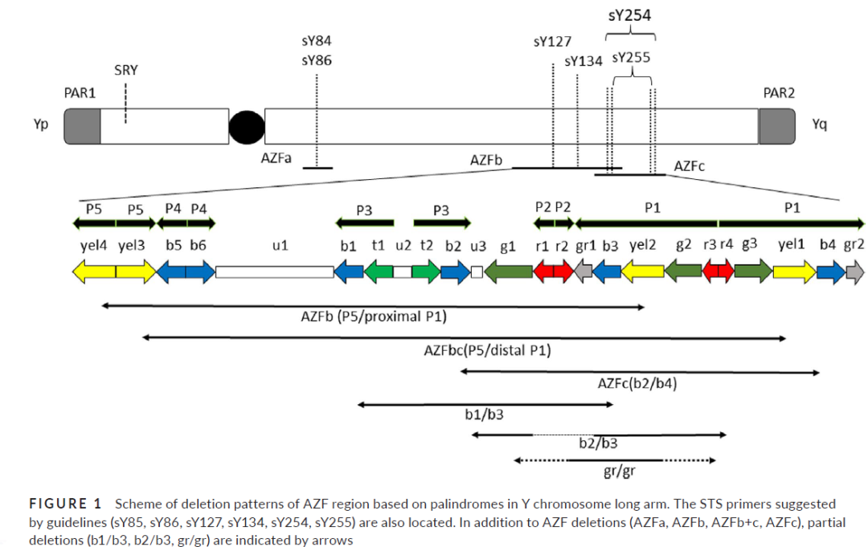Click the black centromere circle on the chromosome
tap(247, 127)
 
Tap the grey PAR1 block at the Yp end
tap(82, 126)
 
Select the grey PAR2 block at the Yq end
tap(776, 126)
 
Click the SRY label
tap(125, 70)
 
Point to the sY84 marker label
tap(317, 41)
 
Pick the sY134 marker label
tap(583, 61)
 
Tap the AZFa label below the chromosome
tap(276, 159)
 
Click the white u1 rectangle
tap(275, 272)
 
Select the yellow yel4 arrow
tap(94, 272)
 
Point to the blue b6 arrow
tap(200, 272)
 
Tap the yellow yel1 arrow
tap(794, 272)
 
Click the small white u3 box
tap(477, 272)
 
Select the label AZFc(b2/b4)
tap(637, 383)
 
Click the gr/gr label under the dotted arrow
tap(615, 471)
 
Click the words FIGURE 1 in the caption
tap(66, 504)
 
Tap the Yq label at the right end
tap(820, 125)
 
